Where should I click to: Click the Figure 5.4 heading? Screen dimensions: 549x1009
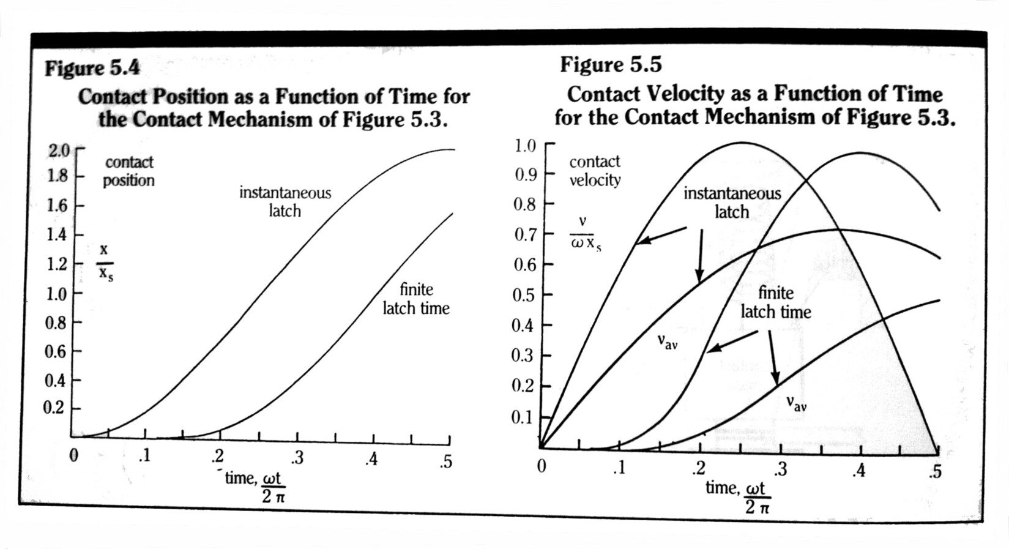[92, 67]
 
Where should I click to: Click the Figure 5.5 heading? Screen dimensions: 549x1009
[611, 64]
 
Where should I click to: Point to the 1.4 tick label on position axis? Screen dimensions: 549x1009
[59, 234]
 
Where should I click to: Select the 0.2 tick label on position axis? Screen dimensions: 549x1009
[54, 408]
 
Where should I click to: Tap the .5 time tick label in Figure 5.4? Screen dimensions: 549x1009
[445, 461]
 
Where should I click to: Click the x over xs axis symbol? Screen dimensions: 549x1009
[105, 261]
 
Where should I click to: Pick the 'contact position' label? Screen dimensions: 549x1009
[128, 171]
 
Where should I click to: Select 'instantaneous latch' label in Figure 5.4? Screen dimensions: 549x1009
[285, 202]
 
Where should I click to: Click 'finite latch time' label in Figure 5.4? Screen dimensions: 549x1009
[416, 299]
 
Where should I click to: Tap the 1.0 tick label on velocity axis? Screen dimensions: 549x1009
[524, 146]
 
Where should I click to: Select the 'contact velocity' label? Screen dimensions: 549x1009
[595, 171]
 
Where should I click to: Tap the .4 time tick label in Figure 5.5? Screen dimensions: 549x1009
[860, 471]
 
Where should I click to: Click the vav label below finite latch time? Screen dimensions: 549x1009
[796, 403]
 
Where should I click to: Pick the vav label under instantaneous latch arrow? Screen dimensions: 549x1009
[667, 342]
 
